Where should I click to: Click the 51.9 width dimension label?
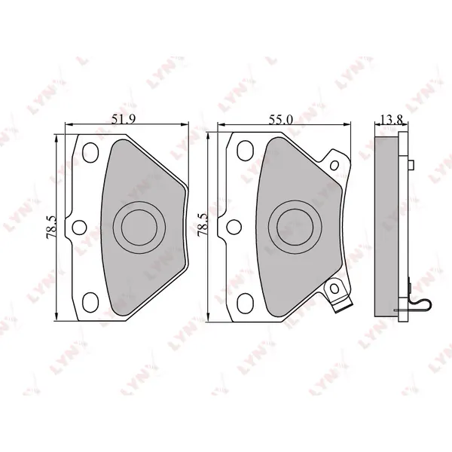tap(124, 119)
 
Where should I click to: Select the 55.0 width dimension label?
tap(280, 120)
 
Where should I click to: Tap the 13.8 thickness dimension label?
tap(391, 120)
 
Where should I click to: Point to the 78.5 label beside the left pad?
tap(51, 228)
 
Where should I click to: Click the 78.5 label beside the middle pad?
tap(203, 225)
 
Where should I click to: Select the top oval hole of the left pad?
tap(90, 152)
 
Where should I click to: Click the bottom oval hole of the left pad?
tap(90, 302)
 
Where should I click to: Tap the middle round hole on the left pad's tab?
tap(79, 228)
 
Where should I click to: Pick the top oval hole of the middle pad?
tap(246, 151)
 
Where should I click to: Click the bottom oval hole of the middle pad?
tap(246, 304)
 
